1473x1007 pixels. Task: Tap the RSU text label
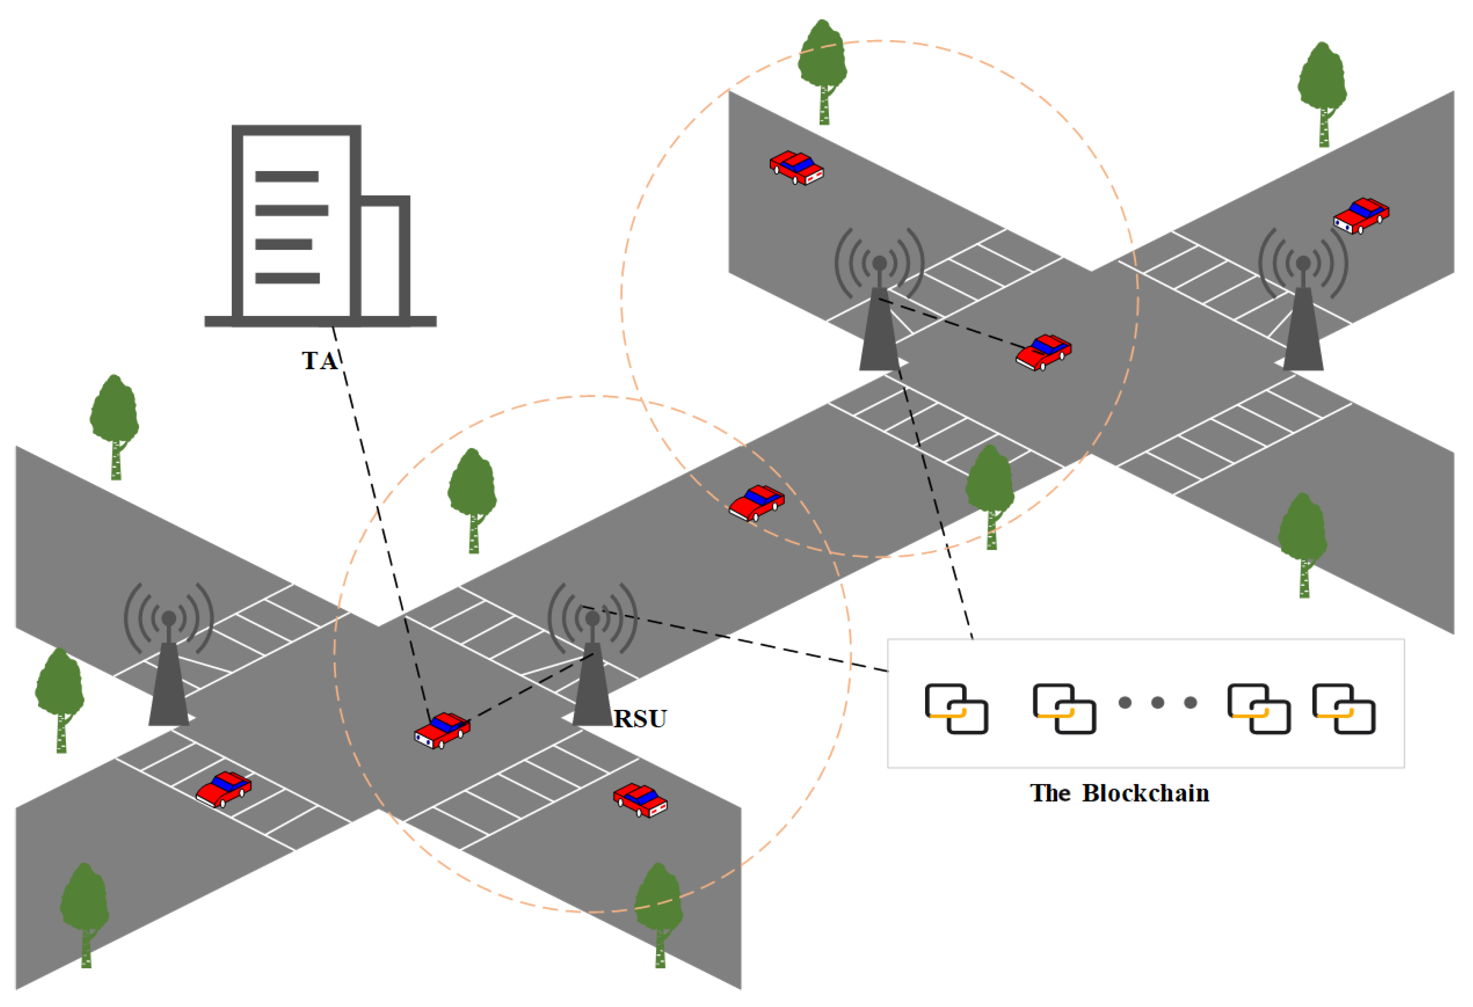(640, 719)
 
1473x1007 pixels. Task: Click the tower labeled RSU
(592, 672)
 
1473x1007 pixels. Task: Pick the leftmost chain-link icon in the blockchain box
(956, 709)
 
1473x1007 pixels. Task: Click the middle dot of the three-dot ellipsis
(1157, 702)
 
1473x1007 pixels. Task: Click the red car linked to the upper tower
(1043, 353)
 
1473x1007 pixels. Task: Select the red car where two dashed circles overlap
(757, 502)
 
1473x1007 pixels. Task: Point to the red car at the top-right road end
(1361, 215)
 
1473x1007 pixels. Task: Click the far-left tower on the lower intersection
(168, 672)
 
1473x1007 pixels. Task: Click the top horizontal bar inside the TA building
(287, 176)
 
